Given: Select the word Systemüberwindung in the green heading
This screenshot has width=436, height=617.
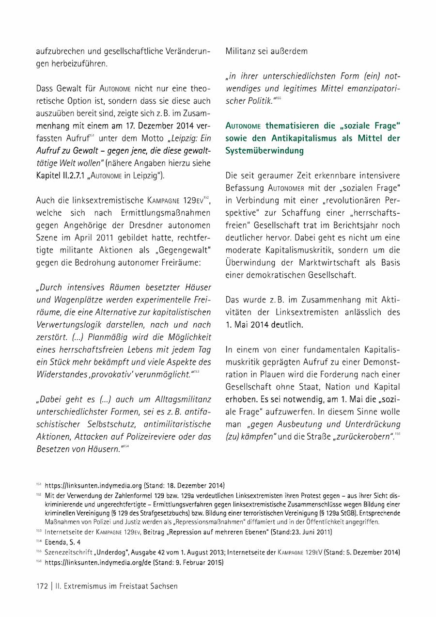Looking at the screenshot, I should click(265, 150).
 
